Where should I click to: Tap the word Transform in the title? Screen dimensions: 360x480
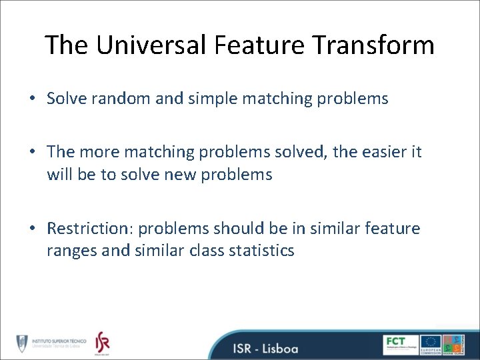[375, 45]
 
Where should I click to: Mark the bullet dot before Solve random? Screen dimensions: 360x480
[32, 99]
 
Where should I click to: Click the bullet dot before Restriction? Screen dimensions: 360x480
[32, 229]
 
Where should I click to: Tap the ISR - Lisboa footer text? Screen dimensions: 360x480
[265, 348]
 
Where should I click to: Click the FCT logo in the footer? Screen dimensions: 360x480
[401, 344]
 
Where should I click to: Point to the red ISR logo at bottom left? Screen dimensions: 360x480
[101, 343]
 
